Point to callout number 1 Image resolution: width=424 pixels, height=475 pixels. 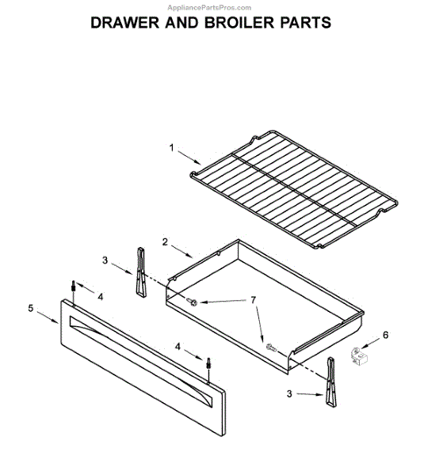pos(170,146)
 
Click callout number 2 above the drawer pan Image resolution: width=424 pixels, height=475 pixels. pos(166,241)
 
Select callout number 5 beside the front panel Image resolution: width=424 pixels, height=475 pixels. pos(31,308)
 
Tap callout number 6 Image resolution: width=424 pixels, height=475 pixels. pos(385,335)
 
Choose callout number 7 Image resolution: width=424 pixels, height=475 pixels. pos(254,300)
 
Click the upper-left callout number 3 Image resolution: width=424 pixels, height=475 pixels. pos(105,260)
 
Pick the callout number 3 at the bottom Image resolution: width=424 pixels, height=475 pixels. pos(290,393)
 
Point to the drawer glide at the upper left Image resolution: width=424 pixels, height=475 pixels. pos(141,272)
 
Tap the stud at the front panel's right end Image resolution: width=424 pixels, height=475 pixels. pos(208,364)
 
